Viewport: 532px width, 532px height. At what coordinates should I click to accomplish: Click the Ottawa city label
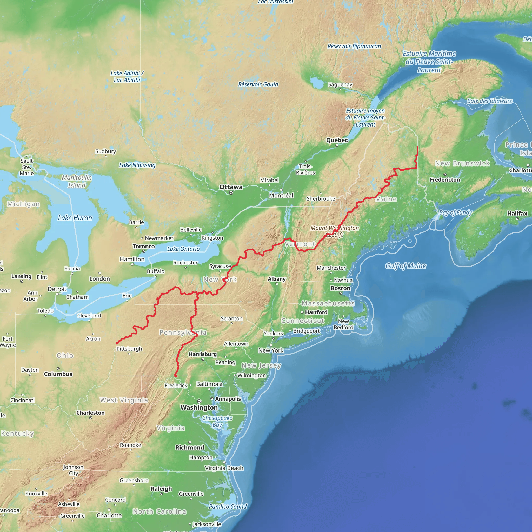point(231,187)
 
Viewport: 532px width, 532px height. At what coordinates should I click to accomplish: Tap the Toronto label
point(143,246)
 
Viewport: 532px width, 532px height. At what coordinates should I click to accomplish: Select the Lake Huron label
point(75,218)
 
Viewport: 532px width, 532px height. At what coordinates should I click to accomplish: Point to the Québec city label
point(337,140)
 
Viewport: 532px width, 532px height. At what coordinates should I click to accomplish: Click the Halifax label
point(517,214)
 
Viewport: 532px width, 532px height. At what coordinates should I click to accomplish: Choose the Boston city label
point(340,288)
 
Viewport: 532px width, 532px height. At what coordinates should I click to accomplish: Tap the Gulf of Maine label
point(405,266)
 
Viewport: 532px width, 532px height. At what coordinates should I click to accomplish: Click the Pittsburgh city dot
point(129,354)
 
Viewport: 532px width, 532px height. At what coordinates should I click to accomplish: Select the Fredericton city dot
point(445,174)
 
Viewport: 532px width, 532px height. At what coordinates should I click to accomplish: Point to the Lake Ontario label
point(183,249)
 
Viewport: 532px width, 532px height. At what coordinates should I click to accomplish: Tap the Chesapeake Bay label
point(217,421)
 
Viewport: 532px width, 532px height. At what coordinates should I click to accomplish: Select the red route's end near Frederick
point(175,376)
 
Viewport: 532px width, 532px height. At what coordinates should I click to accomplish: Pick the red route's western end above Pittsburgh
point(117,343)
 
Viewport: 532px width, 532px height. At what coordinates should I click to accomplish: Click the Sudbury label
point(105,151)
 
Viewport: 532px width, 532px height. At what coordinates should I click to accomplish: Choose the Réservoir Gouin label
point(258,84)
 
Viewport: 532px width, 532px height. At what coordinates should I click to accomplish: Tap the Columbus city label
point(58,374)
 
